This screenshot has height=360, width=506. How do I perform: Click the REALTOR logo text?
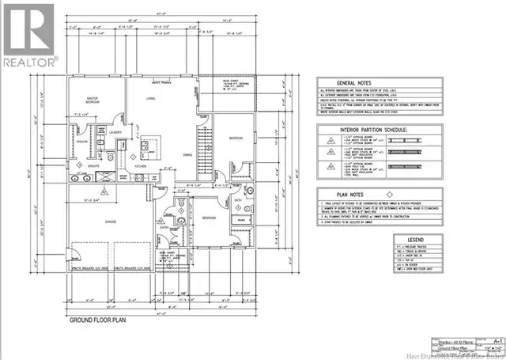[x=30, y=61]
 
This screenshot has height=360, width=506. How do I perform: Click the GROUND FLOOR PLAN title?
[x=98, y=320]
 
